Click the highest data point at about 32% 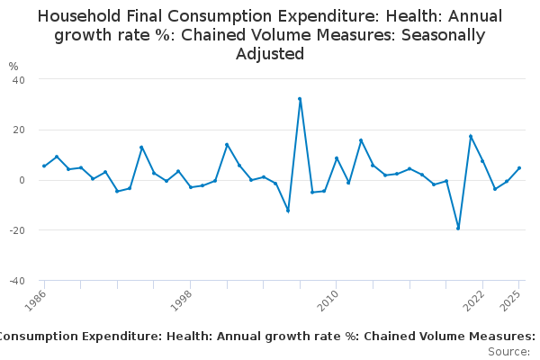300,99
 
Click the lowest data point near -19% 458,228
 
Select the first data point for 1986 44,166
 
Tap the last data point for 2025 519,168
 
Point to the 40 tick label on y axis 18,79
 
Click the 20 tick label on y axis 18,130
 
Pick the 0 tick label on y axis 21,180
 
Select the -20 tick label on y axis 16,230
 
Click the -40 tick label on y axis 16,281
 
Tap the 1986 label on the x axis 37,300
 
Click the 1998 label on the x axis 183,300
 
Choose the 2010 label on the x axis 328,300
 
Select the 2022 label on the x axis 474,300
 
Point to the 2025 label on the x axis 511,300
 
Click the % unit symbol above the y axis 13,67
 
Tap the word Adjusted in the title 270,54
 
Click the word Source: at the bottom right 509,351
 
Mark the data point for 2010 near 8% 337,158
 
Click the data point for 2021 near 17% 471,136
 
